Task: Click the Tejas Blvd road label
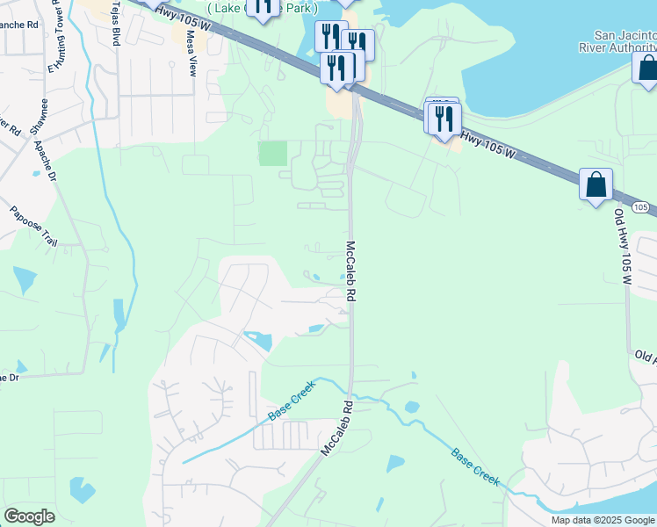[x=115, y=23]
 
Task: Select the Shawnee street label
[x=38, y=130]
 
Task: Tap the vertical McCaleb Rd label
[x=350, y=272]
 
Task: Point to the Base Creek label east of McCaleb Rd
[x=475, y=467]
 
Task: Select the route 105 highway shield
[x=644, y=207]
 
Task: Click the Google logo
[x=30, y=516]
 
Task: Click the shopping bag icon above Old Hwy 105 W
[x=596, y=185]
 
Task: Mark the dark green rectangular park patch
[x=272, y=154]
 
